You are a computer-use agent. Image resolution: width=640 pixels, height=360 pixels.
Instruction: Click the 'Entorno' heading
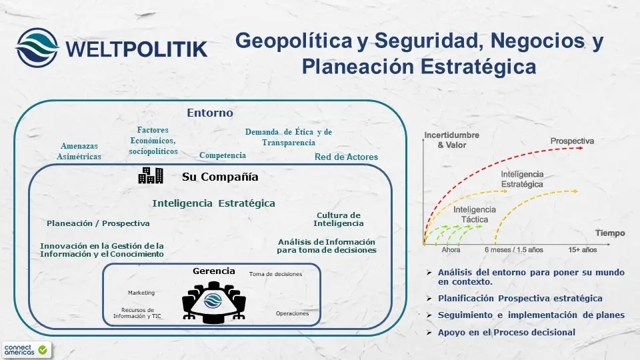coord(210,113)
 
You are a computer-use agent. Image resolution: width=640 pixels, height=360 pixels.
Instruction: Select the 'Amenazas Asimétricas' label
coord(79,151)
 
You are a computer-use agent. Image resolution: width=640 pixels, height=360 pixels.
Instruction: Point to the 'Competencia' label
coord(223,155)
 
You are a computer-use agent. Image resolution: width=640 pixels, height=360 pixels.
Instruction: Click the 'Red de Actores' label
coord(346,157)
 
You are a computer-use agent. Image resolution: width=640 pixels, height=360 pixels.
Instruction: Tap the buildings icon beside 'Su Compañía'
coord(150,176)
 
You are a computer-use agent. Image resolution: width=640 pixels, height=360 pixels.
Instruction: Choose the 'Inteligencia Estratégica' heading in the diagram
coord(213,203)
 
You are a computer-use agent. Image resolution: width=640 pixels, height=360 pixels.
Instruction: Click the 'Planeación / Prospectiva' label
coord(98,223)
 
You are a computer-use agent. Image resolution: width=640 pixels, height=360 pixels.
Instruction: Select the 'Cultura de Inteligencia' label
coord(339,219)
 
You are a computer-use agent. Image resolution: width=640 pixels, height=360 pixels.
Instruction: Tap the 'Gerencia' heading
coord(213,271)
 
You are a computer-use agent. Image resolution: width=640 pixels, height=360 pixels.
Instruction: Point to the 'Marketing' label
coord(141,293)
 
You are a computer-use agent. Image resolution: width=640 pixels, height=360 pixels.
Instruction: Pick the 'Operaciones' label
coord(292,313)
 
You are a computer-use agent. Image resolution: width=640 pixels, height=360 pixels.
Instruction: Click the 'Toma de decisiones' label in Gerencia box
coord(275,274)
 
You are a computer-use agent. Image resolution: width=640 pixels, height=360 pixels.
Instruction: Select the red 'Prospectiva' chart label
coord(572,141)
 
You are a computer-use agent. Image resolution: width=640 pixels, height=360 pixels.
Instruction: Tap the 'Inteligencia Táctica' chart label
coord(475,213)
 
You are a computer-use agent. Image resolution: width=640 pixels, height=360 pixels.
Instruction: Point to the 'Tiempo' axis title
coord(610,233)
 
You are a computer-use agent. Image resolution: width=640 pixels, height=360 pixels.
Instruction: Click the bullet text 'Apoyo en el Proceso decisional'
coord(507,332)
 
